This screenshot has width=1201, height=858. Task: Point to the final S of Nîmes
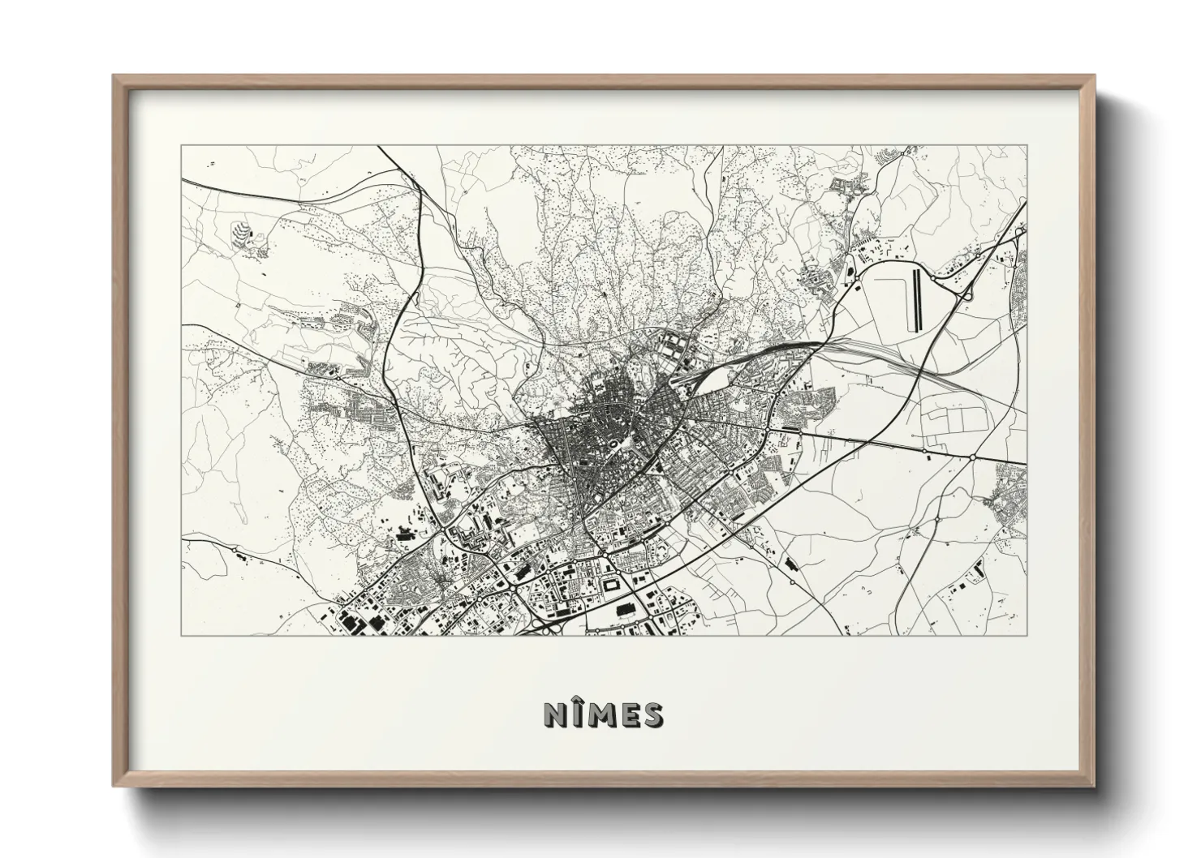tap(652, 714)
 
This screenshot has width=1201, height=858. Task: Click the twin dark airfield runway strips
tap(916, 301)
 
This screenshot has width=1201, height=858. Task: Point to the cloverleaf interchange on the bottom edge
tap(542, 625)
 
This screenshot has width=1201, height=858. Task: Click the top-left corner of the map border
tap(181, 146)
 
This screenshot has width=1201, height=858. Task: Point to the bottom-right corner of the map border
tap(1027, 635)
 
